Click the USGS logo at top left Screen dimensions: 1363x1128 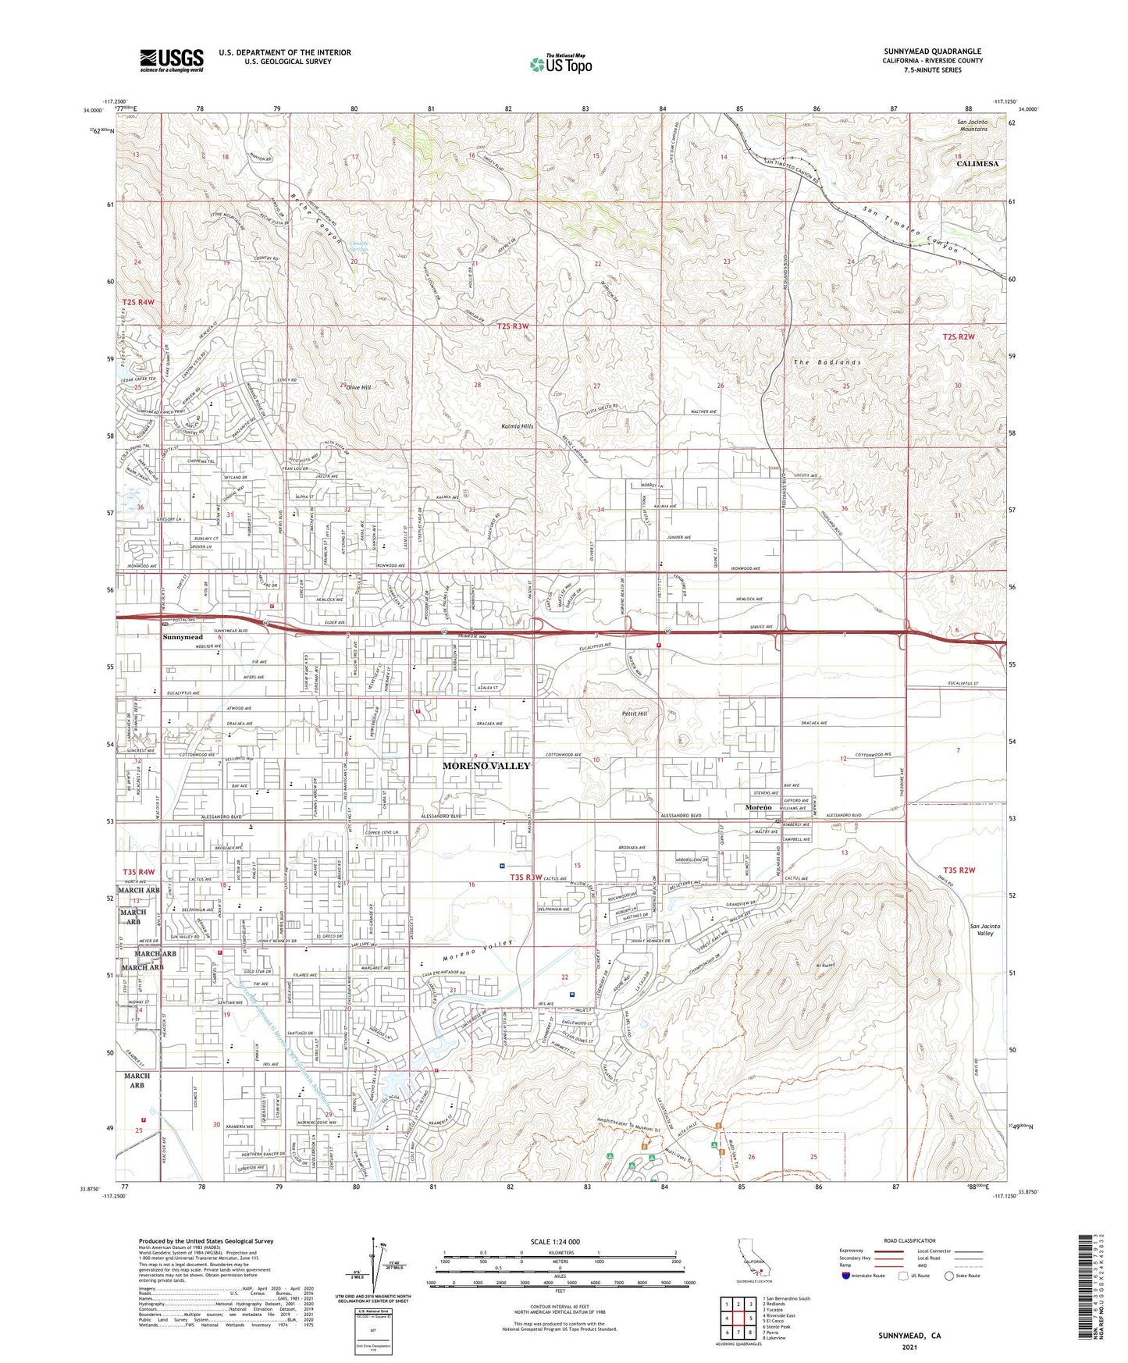coord(172,59)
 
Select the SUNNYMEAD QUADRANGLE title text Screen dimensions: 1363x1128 coord(932,52)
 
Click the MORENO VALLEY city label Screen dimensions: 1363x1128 coord(486,766)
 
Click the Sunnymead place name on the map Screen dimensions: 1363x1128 coord(183,637)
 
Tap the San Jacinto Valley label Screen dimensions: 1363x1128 coord(984,930)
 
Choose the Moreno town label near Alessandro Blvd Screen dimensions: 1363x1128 coord(757,807)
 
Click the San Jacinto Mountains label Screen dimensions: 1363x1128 coord(972,125)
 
